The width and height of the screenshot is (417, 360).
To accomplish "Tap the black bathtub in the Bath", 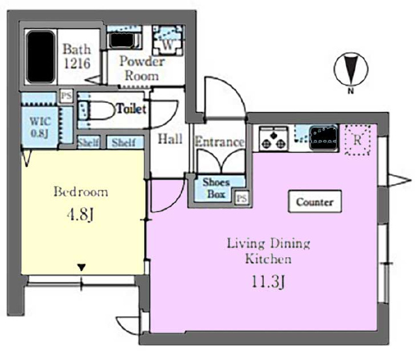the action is [40, 57].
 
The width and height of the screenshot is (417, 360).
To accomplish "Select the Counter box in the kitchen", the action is [315, 202].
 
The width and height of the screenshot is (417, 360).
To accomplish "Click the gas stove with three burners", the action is [274, 138].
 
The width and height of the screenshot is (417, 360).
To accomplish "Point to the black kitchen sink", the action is [324, 138].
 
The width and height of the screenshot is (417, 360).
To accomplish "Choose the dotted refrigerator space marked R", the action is [358, 140].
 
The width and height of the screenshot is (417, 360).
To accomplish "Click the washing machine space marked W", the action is [168, 40].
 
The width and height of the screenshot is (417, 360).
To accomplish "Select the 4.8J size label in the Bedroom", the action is [80, 215].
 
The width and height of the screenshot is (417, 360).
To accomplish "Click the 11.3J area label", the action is [268, 282].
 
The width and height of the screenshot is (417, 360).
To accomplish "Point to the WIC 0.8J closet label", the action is [40, 127].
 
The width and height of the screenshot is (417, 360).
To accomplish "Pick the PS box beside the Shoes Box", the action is [242, 198].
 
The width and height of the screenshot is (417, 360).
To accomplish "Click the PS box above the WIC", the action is [66, 96].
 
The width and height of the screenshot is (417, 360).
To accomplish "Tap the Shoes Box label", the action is [216, 188].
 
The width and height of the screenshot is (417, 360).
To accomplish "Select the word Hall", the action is [170, 139].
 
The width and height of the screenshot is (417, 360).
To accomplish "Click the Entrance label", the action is [220, 142].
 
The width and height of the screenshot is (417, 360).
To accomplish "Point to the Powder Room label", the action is [142, 68].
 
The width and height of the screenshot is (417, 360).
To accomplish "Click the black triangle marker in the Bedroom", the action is [81, 268].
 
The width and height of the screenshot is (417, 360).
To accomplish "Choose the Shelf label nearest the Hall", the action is [124, 143].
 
